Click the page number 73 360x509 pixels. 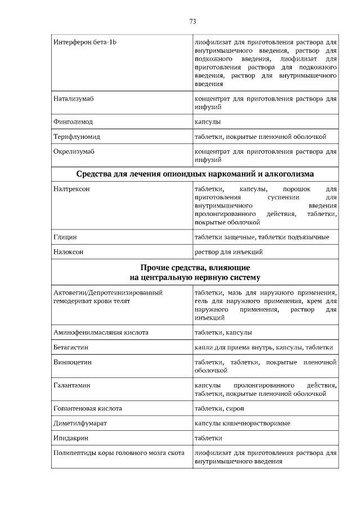pyautogui.click(x=192, y=21)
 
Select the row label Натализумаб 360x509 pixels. pyautogui.click(x=73, y=98)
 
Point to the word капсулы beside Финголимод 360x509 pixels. pyautogui.click(x=207, y=121)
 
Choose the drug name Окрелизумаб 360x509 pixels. pyautogui.click(x=73, y=152)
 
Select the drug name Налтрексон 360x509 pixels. pyautogui.click(x=71, y=189)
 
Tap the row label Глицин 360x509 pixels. pyautogui.click(x=65, y=237)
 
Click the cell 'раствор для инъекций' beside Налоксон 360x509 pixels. pyautogui.click(x=228, y=252)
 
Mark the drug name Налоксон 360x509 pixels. pyautogui.click(x=69, y=252)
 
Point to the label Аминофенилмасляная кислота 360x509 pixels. pyautogui.click(x=101, y=332)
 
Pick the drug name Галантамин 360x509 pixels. pyautogui.click(x=72, y=385)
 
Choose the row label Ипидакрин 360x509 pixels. pyautogui.click(x=71, y=438)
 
